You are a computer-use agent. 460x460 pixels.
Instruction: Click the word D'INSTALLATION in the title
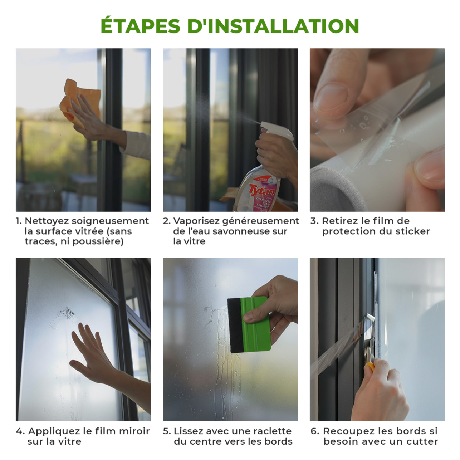(x=273, y=26)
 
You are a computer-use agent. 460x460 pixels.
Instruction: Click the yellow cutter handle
(x=371, y=367)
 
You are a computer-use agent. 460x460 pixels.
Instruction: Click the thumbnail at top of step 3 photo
(x=331, y=97)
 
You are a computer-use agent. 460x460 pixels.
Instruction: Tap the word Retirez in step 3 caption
(x=339, y=221)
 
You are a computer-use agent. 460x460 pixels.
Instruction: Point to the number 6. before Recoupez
(x=315, y=431)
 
